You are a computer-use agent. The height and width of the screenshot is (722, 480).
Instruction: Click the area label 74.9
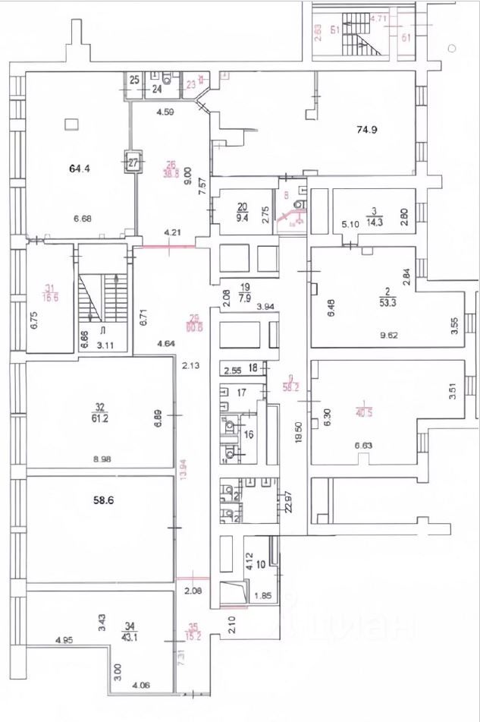(367, 130)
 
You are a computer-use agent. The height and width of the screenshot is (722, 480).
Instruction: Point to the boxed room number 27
(133, 162)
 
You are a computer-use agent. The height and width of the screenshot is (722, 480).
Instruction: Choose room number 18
(254, 367)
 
